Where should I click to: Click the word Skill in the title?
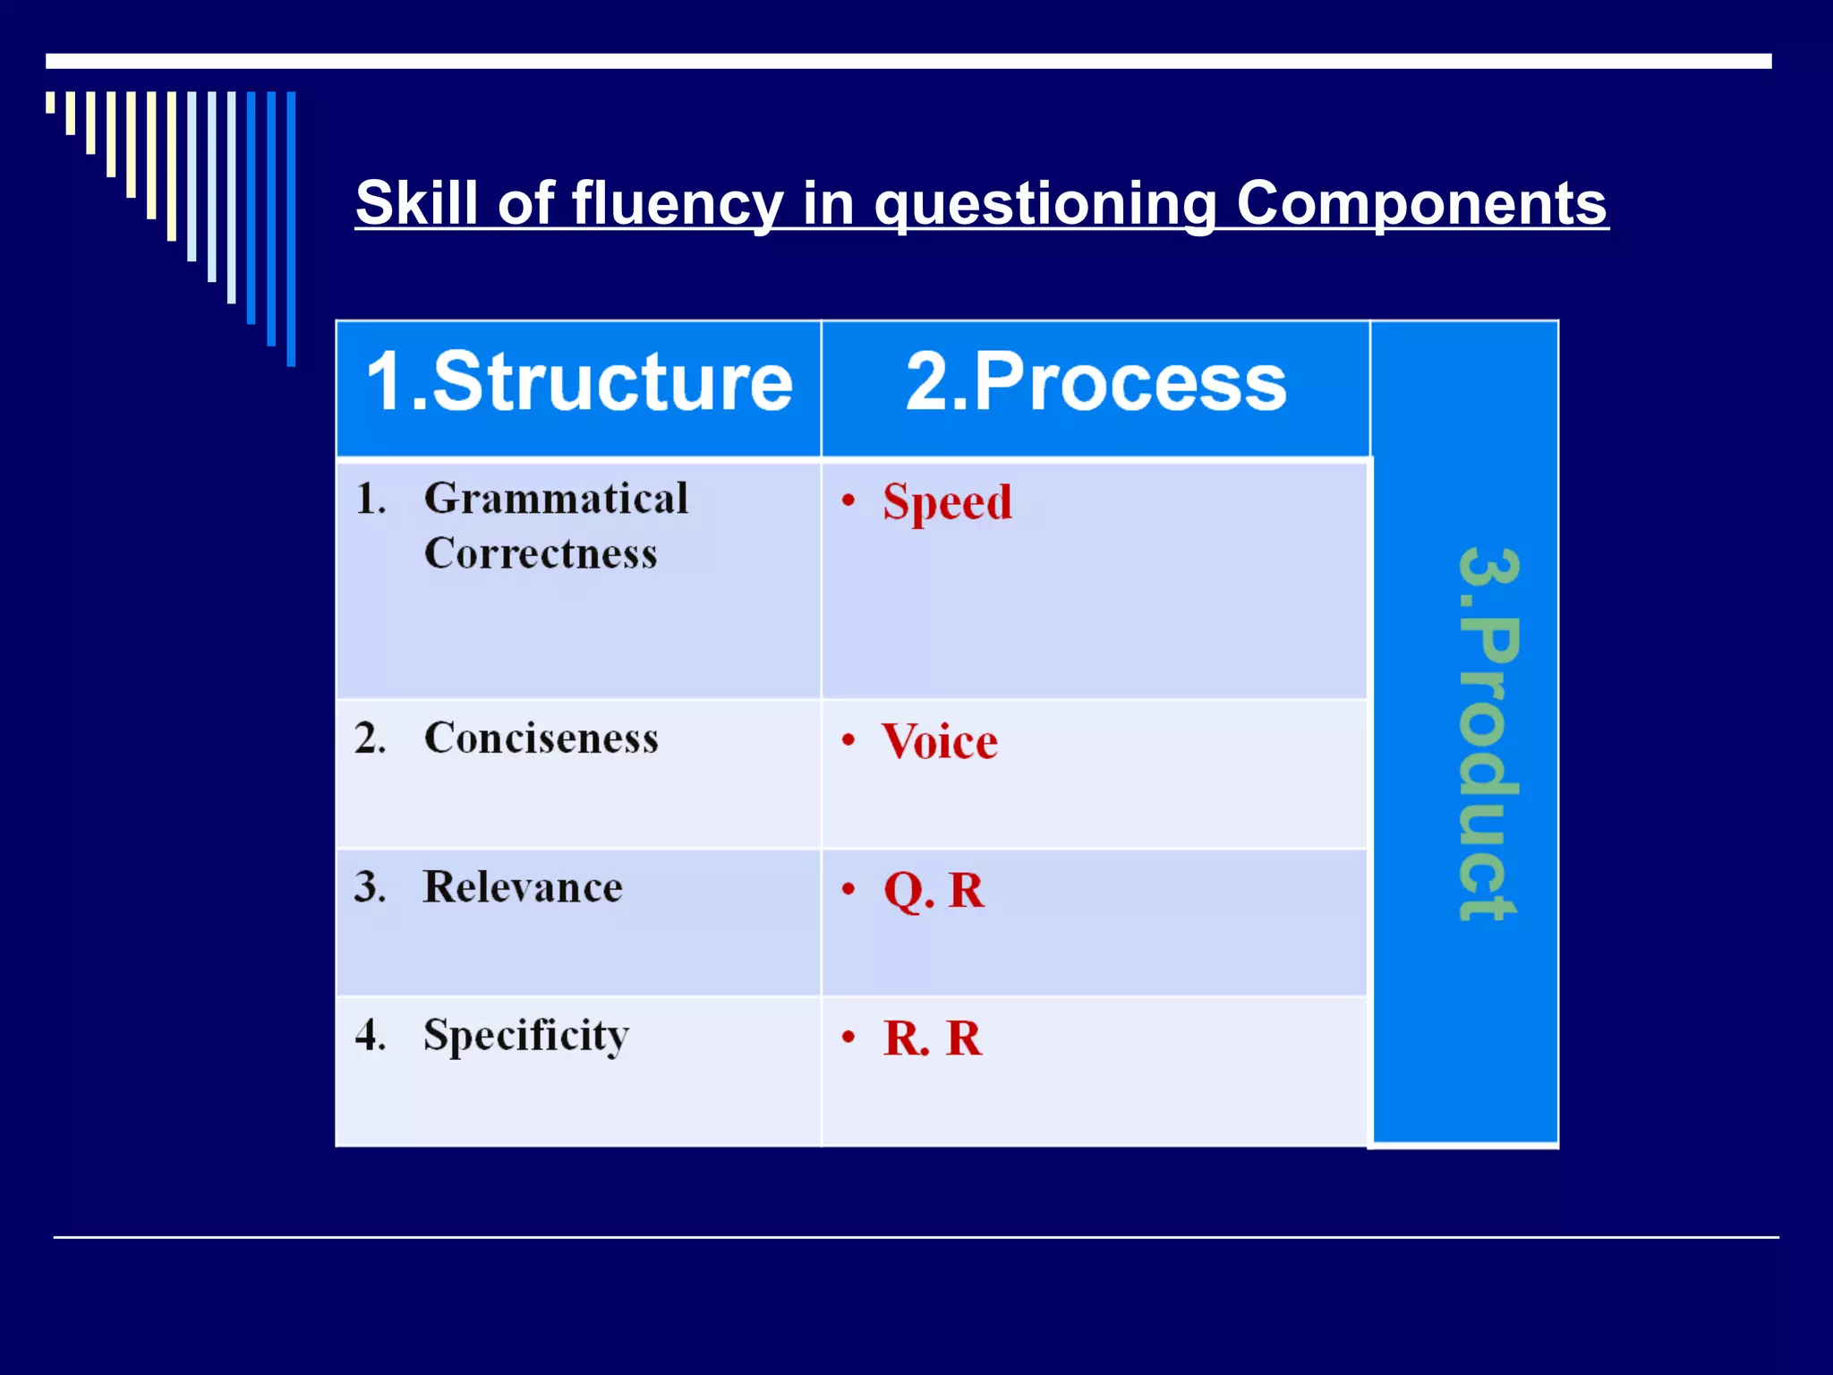416,202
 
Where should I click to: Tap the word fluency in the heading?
677,204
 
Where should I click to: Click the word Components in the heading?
1421,202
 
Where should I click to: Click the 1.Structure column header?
579,383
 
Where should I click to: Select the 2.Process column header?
1096,383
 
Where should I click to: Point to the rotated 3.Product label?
1487,734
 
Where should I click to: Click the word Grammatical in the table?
556,499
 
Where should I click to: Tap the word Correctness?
541,553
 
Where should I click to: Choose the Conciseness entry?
541,739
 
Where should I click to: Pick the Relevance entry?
523,887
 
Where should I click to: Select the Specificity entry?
526,1036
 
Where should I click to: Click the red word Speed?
947,502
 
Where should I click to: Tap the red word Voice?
939,742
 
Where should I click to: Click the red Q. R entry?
934,891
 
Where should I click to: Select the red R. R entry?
933,1038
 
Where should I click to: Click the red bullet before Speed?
848,501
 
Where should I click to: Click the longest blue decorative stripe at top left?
291,228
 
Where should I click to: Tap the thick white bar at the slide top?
908,61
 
